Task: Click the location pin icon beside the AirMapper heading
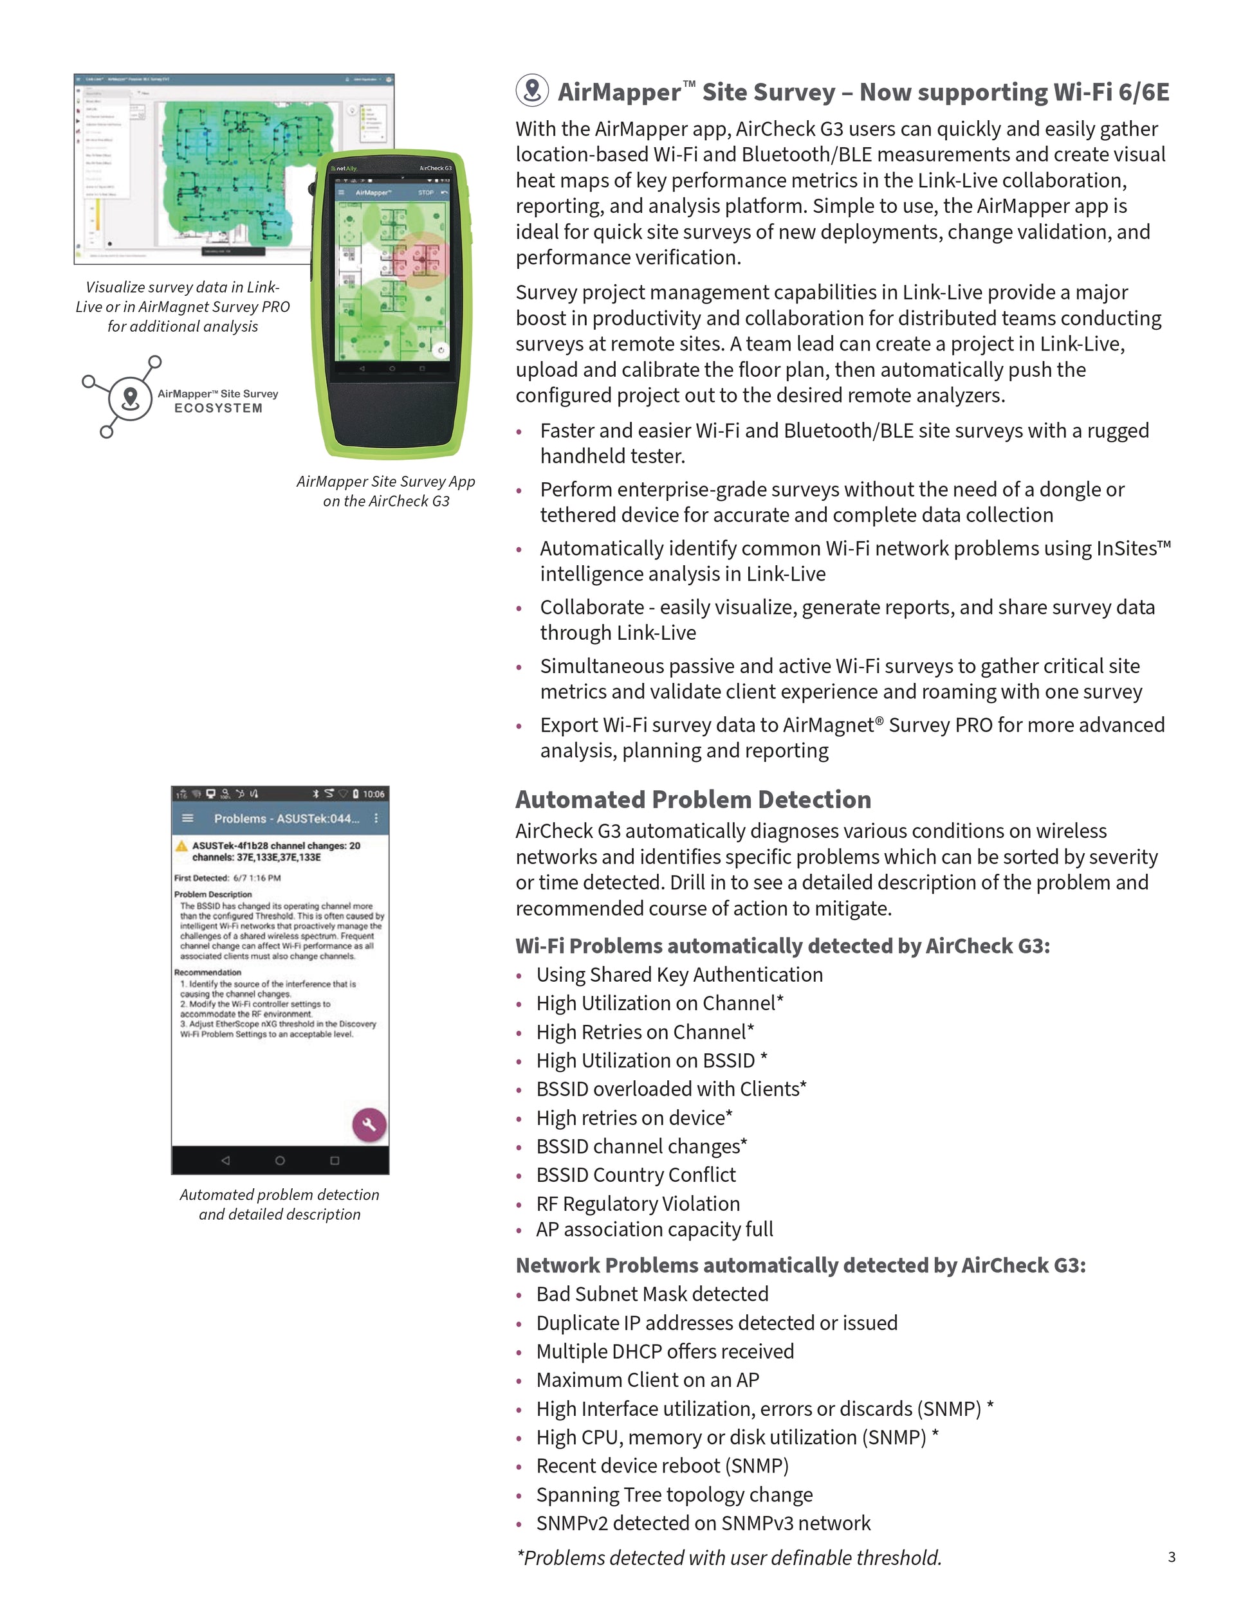point(532,91)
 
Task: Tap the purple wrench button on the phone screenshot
point(369,1125)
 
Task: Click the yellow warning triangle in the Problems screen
point(181,846)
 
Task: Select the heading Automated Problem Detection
point(693,799)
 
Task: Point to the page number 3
point(1171,1557)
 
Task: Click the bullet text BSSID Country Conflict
point(636,1175)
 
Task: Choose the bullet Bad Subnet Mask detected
point(652,1294)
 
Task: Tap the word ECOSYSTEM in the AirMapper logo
point(218,408)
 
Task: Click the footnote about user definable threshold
point(728,1557)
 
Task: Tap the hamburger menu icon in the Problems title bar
point(188,819)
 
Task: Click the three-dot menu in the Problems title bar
point(376,819)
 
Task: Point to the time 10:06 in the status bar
point(373,794)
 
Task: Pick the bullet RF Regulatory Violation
point(638,1204)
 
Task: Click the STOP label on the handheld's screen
point(426,193)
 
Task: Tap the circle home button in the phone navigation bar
point(280,1160)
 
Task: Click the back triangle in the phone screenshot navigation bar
point(225,1160)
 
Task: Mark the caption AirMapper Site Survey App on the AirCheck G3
point(385,491)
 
